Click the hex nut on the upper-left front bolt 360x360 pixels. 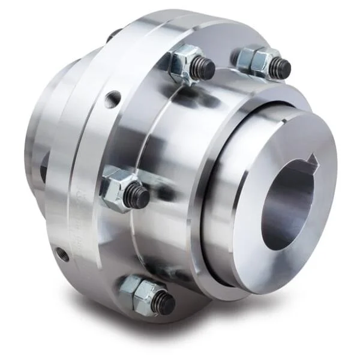pyautogui.click(x=183, y=64)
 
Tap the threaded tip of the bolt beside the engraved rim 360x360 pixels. pyautogui.click(x=138, y=197)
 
